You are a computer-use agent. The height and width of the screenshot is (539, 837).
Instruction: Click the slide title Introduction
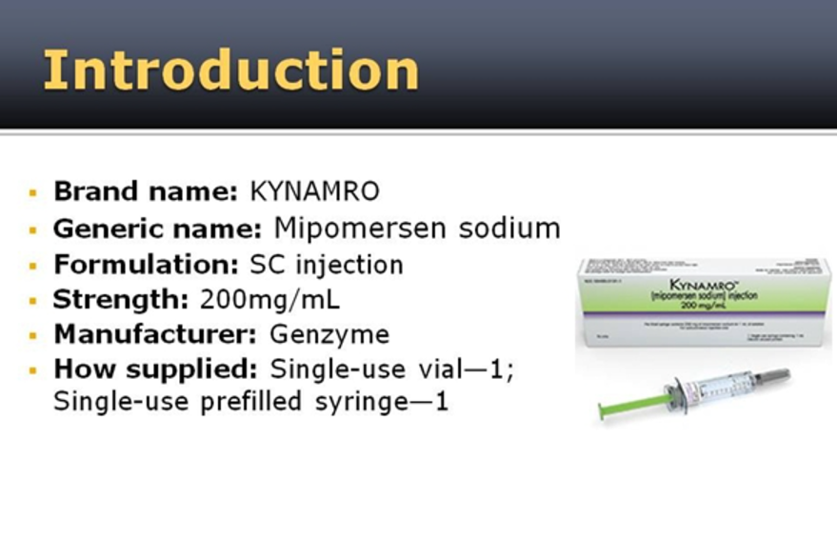[230, 70]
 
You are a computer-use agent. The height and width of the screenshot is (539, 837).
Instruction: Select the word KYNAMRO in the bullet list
[314, 191]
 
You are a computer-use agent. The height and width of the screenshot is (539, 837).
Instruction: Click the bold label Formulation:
[148, 264]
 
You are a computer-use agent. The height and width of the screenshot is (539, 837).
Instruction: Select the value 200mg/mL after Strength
[269, 300]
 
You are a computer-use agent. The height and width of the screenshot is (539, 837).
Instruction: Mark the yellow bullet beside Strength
[33, 301]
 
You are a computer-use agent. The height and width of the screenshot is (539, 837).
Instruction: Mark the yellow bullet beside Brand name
[33, 192]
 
